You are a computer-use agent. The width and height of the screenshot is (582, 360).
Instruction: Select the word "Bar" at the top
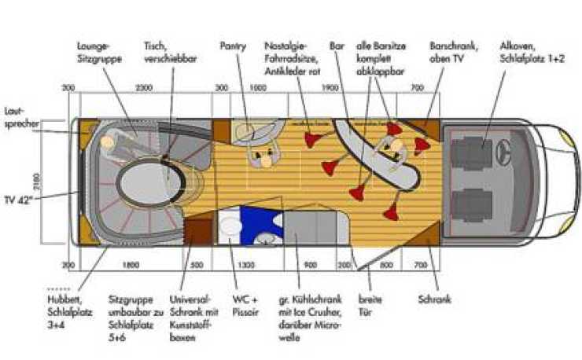(337, 46)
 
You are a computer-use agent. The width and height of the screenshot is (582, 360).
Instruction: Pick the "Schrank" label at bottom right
(435, 299)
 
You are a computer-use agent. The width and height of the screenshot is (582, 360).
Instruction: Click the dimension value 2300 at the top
(144, 88)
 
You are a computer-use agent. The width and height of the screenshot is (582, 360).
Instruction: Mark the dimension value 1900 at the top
(330, 88)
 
